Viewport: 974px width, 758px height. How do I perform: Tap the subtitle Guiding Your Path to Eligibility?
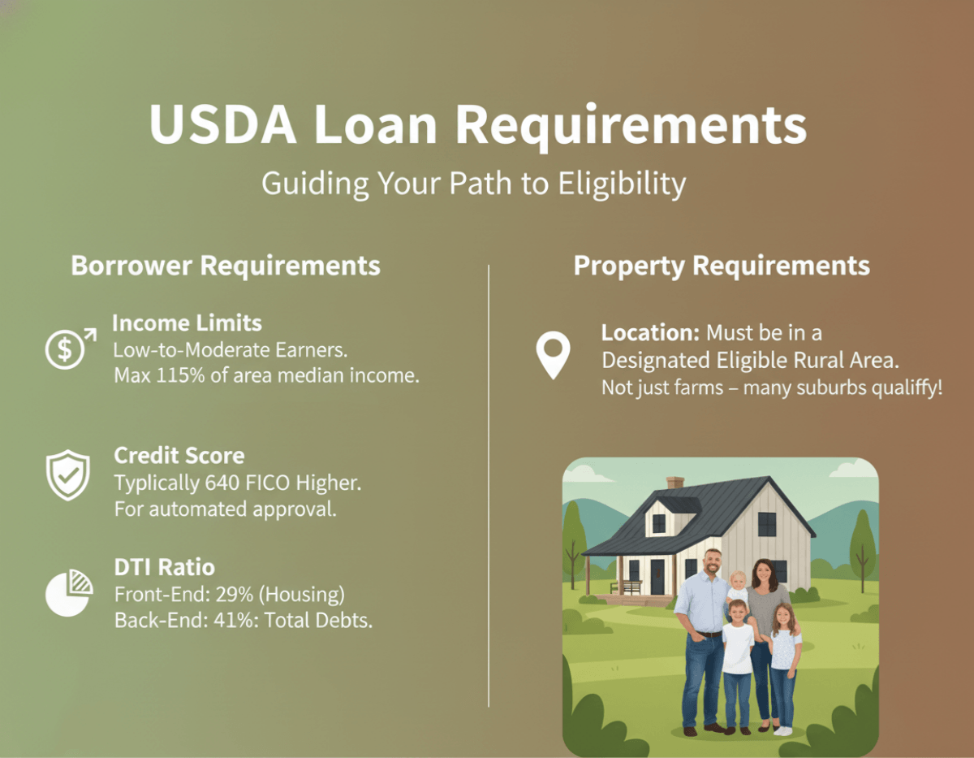click(473, 184)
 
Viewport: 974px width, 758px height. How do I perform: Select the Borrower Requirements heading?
click(226, 266)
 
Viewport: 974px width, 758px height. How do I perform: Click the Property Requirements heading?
click(722, 266)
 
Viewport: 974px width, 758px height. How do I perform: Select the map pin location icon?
click(553, 355)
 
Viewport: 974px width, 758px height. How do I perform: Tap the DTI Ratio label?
click(164, 567)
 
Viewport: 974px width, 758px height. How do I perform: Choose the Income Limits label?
click(187, 323)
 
